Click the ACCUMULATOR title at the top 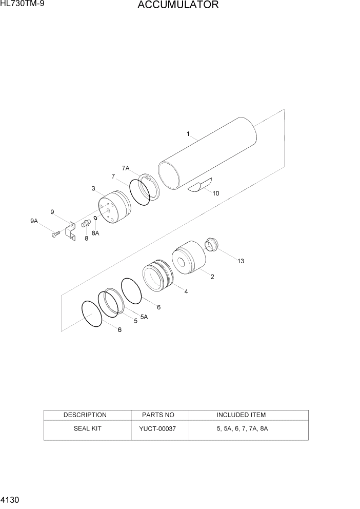[178, 6]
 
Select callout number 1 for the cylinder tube [188, 134]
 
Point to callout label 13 [240, 261]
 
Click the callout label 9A [34, 221]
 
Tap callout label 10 [215, 193]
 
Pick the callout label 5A [144, 317]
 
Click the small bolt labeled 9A [55, 234]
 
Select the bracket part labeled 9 [71, 232]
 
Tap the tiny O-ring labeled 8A [95, 219]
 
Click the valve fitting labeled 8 [86, 224]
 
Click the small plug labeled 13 [212, 244]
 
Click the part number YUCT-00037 [157, 428]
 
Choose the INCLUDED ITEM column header [241, 415]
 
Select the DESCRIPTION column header [85, 415]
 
